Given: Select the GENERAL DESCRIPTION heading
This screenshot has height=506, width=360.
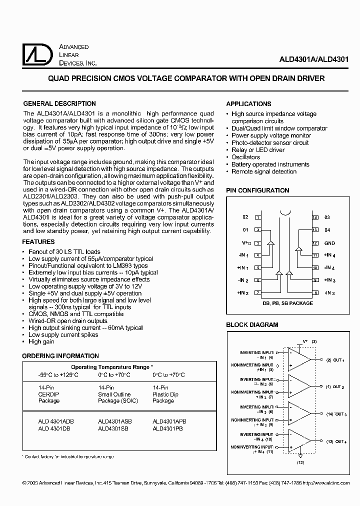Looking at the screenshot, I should [x=59, y=103].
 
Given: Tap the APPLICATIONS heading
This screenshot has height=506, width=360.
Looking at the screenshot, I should [x=248, y=103].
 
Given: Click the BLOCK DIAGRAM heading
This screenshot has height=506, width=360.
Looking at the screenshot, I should [x=252, y=325].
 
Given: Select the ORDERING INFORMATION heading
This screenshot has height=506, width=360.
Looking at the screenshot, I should [x=60, y=355].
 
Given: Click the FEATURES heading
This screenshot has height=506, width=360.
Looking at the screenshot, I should [x=38, y=241].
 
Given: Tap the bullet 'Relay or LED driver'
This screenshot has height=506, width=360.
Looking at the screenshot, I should [x=257, y=150].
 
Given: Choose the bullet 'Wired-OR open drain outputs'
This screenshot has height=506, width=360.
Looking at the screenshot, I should [x=67, y=320].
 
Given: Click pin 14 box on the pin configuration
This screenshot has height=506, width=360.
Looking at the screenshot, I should [x=315, y=217].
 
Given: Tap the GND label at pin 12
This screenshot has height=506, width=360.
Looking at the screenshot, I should [x=329, y=243].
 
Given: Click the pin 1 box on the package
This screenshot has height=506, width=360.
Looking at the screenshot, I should [x=257, y=217].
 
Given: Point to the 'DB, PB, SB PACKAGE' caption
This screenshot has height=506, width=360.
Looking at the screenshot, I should [x=287, y=303].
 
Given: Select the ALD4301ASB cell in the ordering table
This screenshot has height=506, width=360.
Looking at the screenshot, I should [x=115, y=421].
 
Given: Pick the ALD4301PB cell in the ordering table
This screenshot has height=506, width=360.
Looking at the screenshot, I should [x=167, y=428].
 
